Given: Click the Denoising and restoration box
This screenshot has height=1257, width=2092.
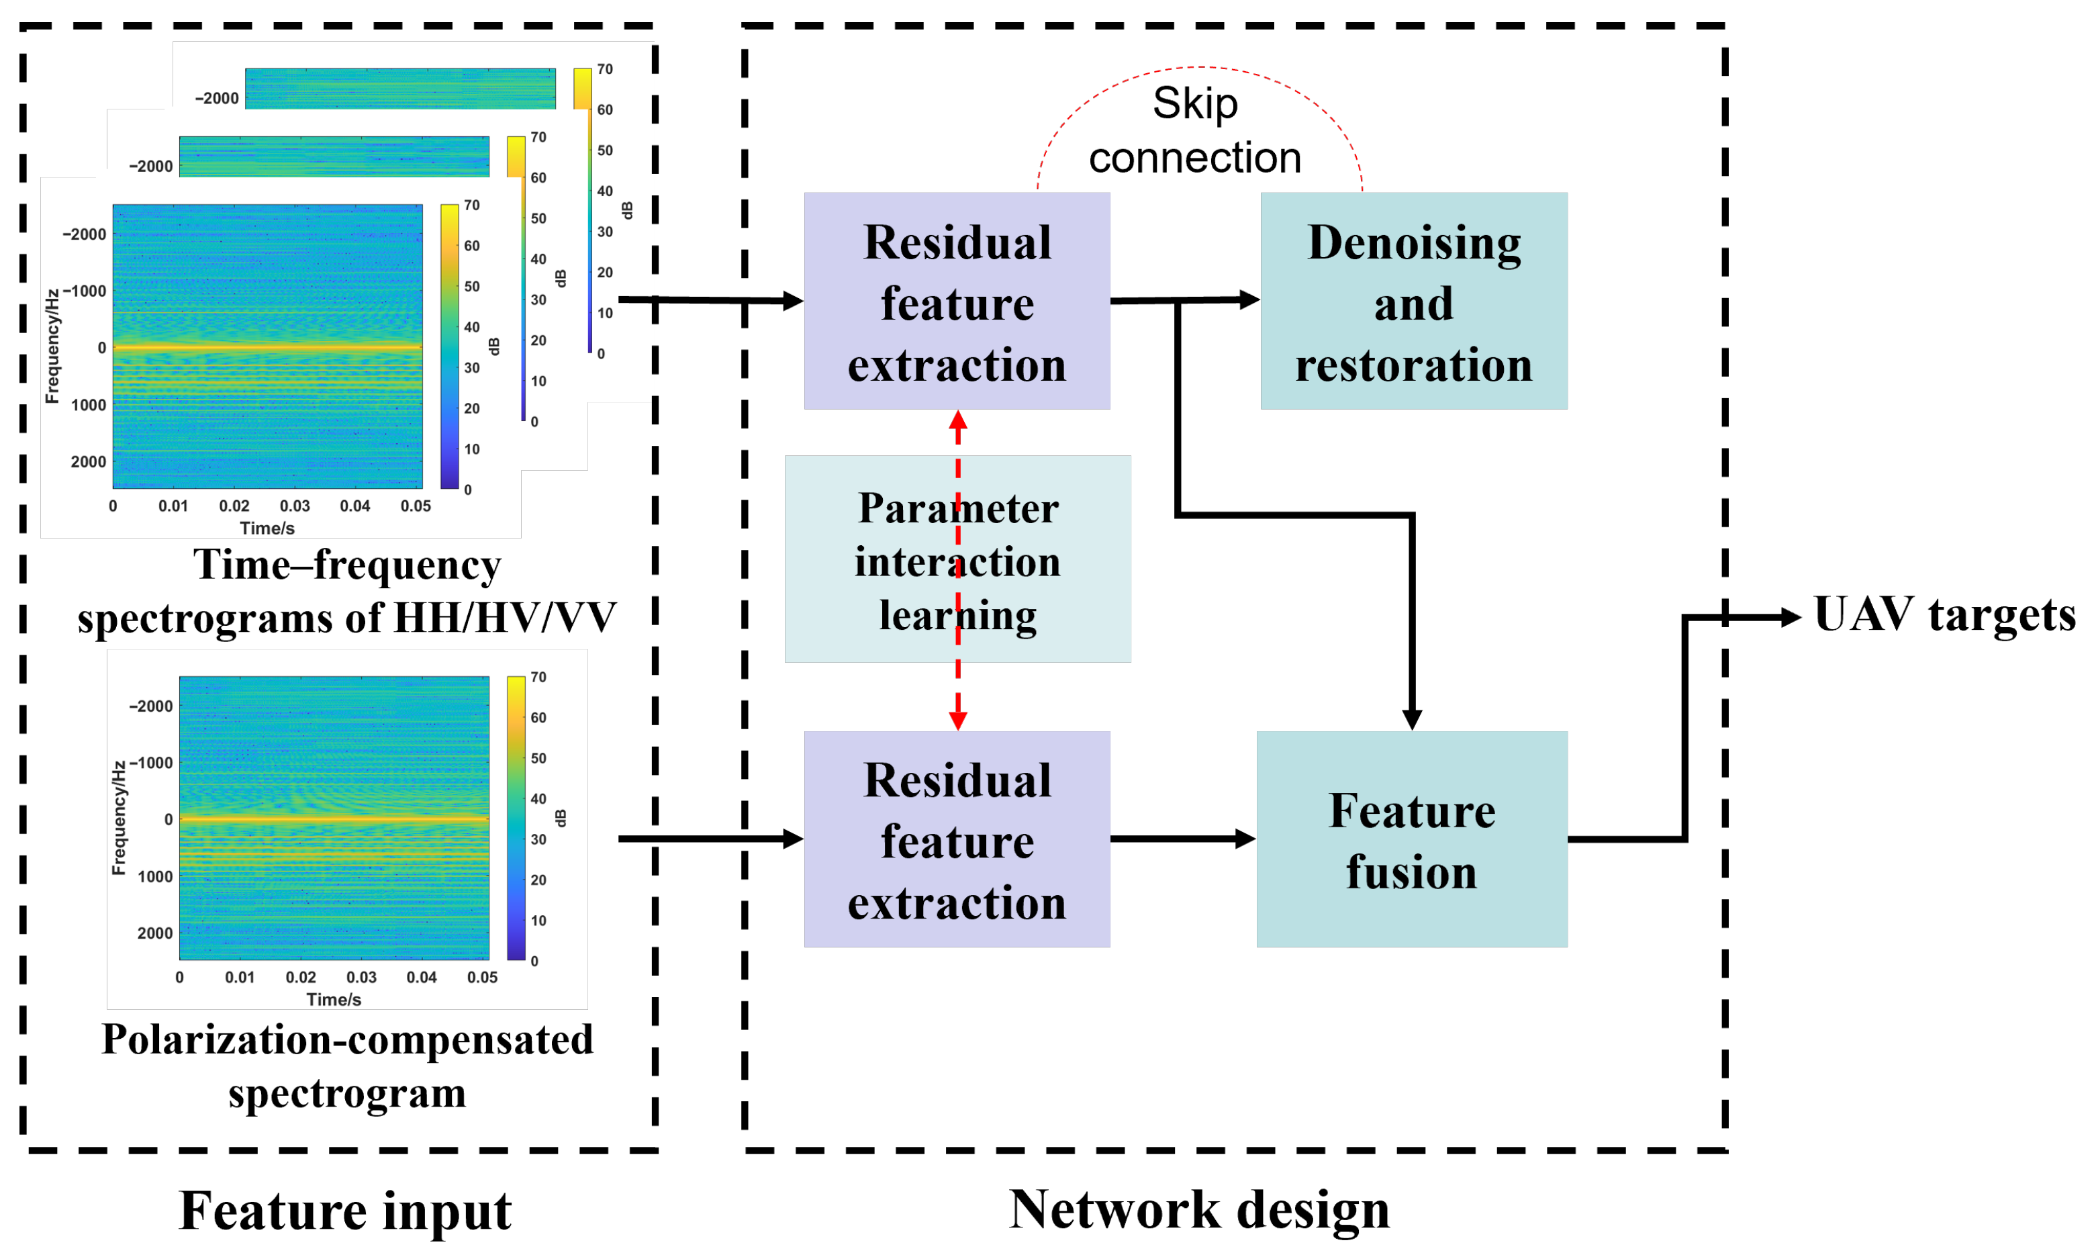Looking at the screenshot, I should (x=1413, y=301).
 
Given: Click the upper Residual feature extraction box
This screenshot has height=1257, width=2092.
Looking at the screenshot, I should (x=957, y=301).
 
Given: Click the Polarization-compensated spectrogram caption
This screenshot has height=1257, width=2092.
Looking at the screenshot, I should (x=347, y=1066).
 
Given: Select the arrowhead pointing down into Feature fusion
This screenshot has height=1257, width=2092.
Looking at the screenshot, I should (x=1411, y=719).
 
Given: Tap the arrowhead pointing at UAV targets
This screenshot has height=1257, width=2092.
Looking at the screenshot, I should (x=1791, y=618).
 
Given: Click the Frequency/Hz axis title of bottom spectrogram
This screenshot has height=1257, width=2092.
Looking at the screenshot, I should (x=119, y=817).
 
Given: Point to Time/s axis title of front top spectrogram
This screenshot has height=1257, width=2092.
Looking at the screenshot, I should (x=267, y=528).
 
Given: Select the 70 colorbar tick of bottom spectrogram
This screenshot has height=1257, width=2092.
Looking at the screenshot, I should (x=538, y=677).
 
